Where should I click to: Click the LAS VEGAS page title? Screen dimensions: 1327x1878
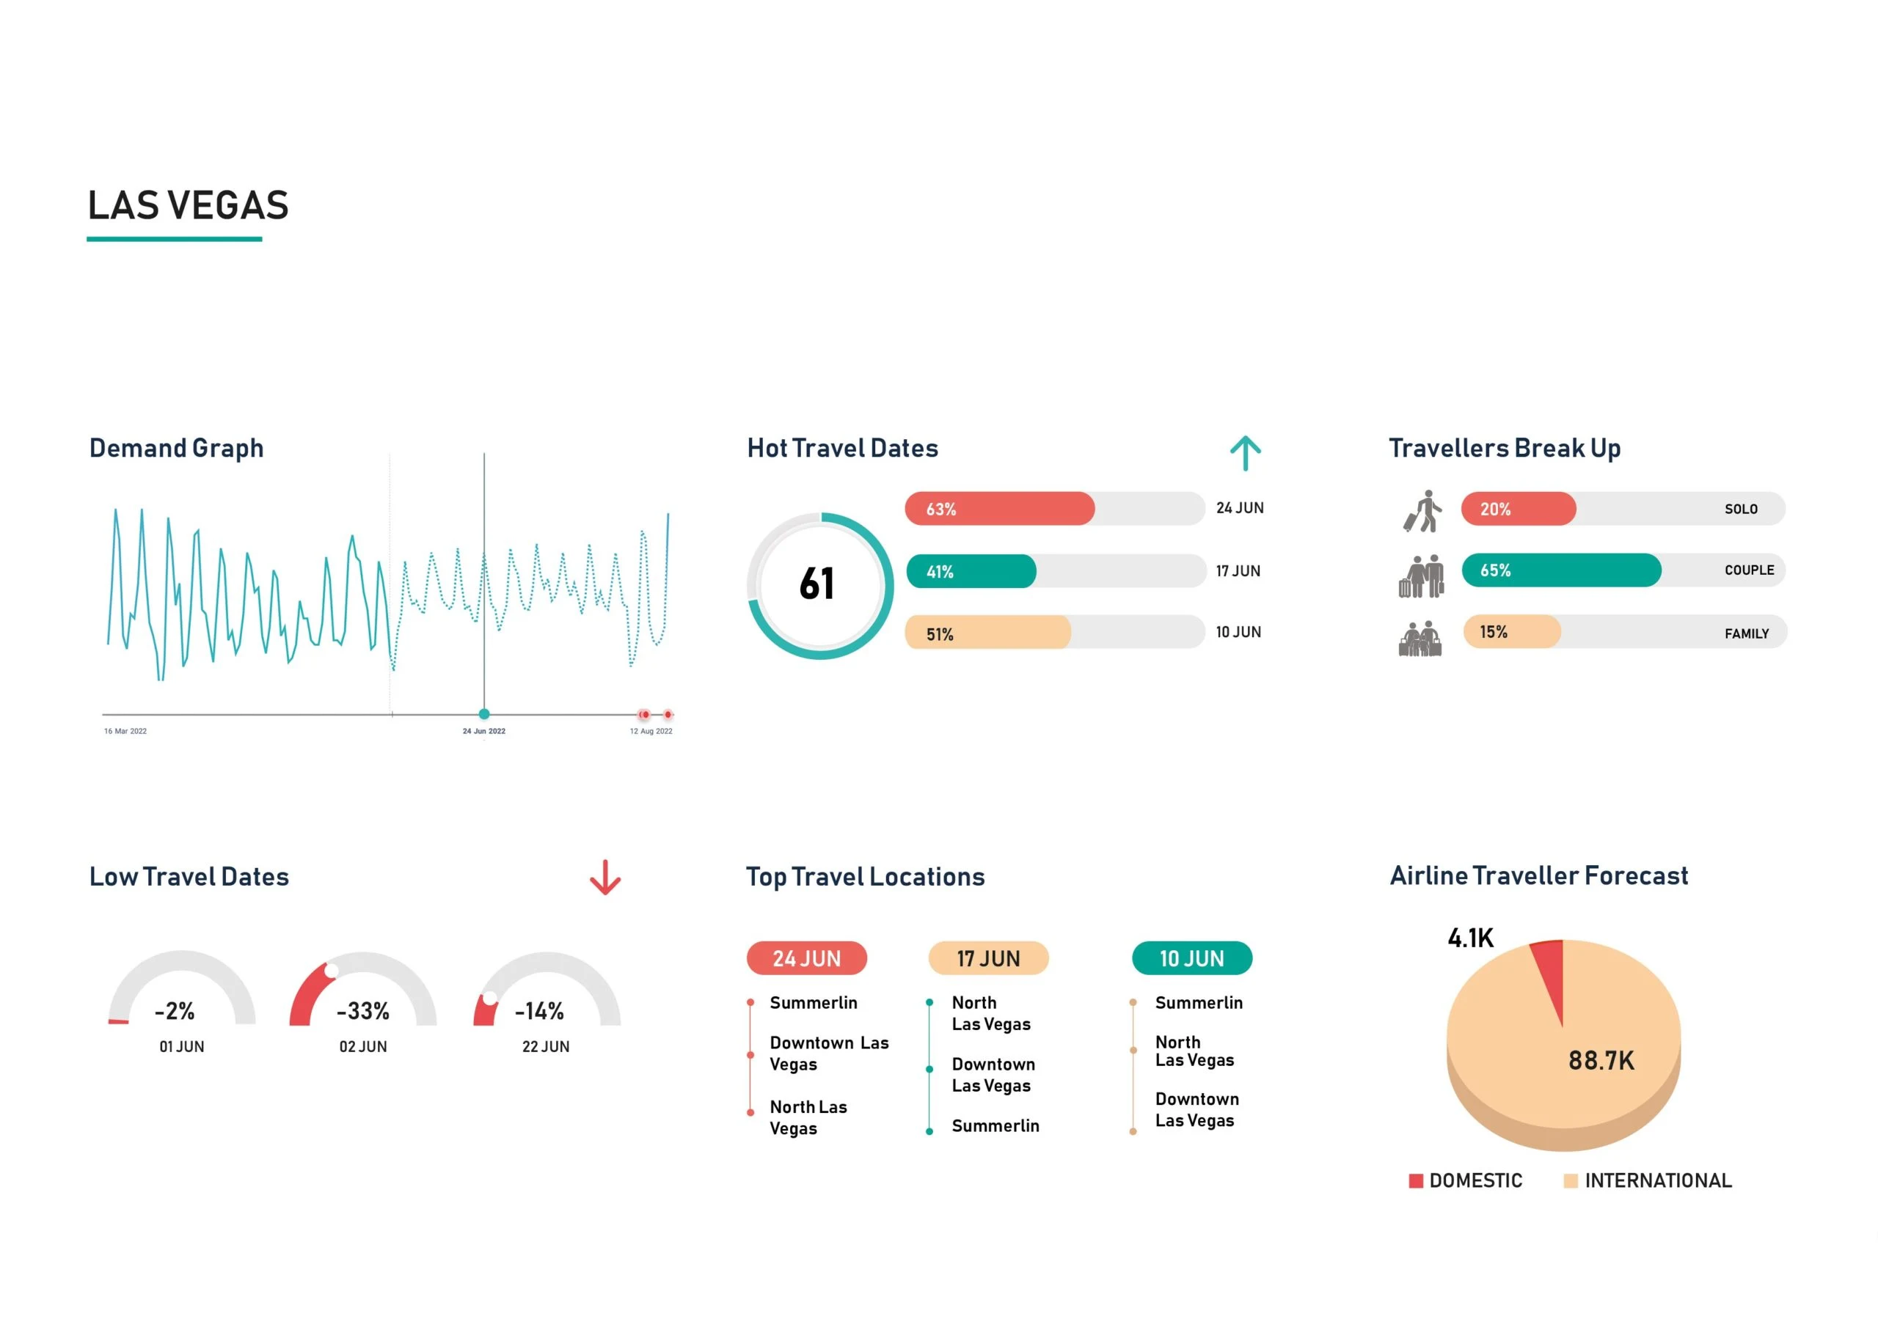188,205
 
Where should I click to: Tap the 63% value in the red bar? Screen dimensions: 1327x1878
940,510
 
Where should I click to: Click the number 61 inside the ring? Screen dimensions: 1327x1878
816,584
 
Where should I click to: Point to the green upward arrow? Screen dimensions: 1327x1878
1245,453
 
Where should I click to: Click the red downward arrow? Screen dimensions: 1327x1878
604,878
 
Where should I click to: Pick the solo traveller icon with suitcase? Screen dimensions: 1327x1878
1422,511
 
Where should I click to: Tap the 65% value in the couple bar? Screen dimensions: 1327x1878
1494,570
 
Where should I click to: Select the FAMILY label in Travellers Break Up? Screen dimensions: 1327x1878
1746,633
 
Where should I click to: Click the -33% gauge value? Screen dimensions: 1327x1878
362,1012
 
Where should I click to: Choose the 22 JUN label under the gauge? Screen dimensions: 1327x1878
546,1046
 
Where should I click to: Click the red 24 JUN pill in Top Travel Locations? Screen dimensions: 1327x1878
806,958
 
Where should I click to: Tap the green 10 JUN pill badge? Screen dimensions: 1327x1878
1191,958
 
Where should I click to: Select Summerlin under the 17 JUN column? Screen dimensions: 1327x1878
995,1126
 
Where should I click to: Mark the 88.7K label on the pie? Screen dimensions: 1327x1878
1600,1060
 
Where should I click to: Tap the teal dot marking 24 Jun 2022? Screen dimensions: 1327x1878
484,714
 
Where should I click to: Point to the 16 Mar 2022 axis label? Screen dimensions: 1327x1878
125,731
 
